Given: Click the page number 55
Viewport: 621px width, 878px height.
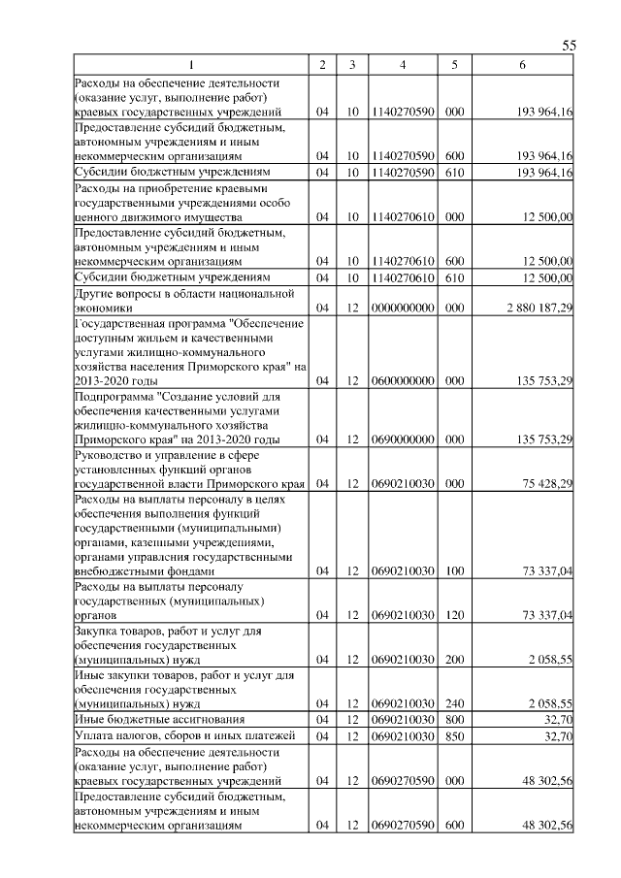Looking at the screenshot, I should (x=570, y=47).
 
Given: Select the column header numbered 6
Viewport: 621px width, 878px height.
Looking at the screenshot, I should (x=523, y=65).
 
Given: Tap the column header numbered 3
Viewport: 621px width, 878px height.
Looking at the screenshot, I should (x=352, y=65).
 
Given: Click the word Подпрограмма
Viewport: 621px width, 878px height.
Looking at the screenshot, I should (x=112, y=396).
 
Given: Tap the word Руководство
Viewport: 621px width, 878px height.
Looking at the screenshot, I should (x=109, y=454).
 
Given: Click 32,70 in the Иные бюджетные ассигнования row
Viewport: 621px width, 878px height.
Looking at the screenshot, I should (x=556, y=719).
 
